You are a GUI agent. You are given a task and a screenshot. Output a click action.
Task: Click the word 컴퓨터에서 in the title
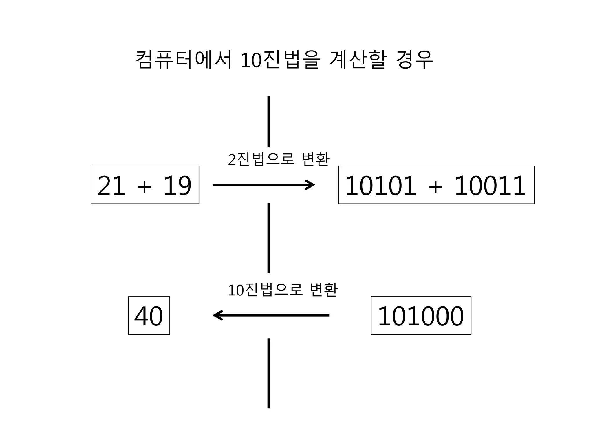[184, 60]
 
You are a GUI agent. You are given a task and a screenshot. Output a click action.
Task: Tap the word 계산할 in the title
[358, 60]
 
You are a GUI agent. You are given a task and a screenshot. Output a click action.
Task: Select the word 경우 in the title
[414, 60]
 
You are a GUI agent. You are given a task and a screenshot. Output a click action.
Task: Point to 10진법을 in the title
[280, 60]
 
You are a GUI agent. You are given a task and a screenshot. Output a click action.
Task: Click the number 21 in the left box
[111, 186]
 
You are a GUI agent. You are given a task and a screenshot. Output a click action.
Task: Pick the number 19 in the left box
[177, 186]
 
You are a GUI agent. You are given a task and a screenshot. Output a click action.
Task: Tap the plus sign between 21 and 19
[144, 186]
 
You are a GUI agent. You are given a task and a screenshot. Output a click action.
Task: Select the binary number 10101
[380, 186]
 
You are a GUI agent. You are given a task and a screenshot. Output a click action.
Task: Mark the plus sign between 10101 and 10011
[435, 186]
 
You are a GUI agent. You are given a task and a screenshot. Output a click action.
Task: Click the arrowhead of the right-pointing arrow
[311, 185]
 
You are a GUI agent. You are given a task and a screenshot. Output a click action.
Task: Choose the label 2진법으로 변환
[279, 159]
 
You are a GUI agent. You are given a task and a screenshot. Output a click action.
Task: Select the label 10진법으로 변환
[283, 290]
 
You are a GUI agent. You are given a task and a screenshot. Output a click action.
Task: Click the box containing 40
[149, 316]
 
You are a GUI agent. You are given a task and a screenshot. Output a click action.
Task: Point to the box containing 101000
[421, 316]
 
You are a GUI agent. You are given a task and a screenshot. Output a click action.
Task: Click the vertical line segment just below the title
[269, 121]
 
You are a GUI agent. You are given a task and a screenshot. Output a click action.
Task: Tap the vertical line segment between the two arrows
[269, 238]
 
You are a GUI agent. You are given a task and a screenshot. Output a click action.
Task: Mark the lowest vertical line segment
[269, 373]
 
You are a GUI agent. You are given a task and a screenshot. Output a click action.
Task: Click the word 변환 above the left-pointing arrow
[323, 290]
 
